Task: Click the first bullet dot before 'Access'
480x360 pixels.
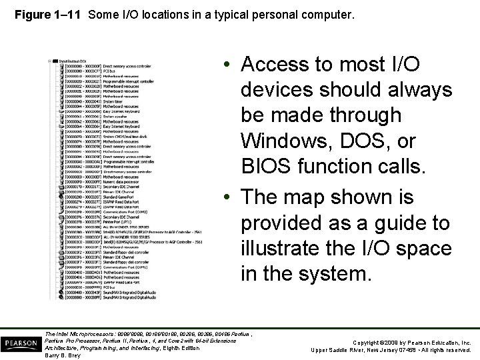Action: pyautogui.click(x=228, y=65)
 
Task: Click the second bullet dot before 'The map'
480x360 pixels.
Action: pyautogui.click(x=228, y=198)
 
